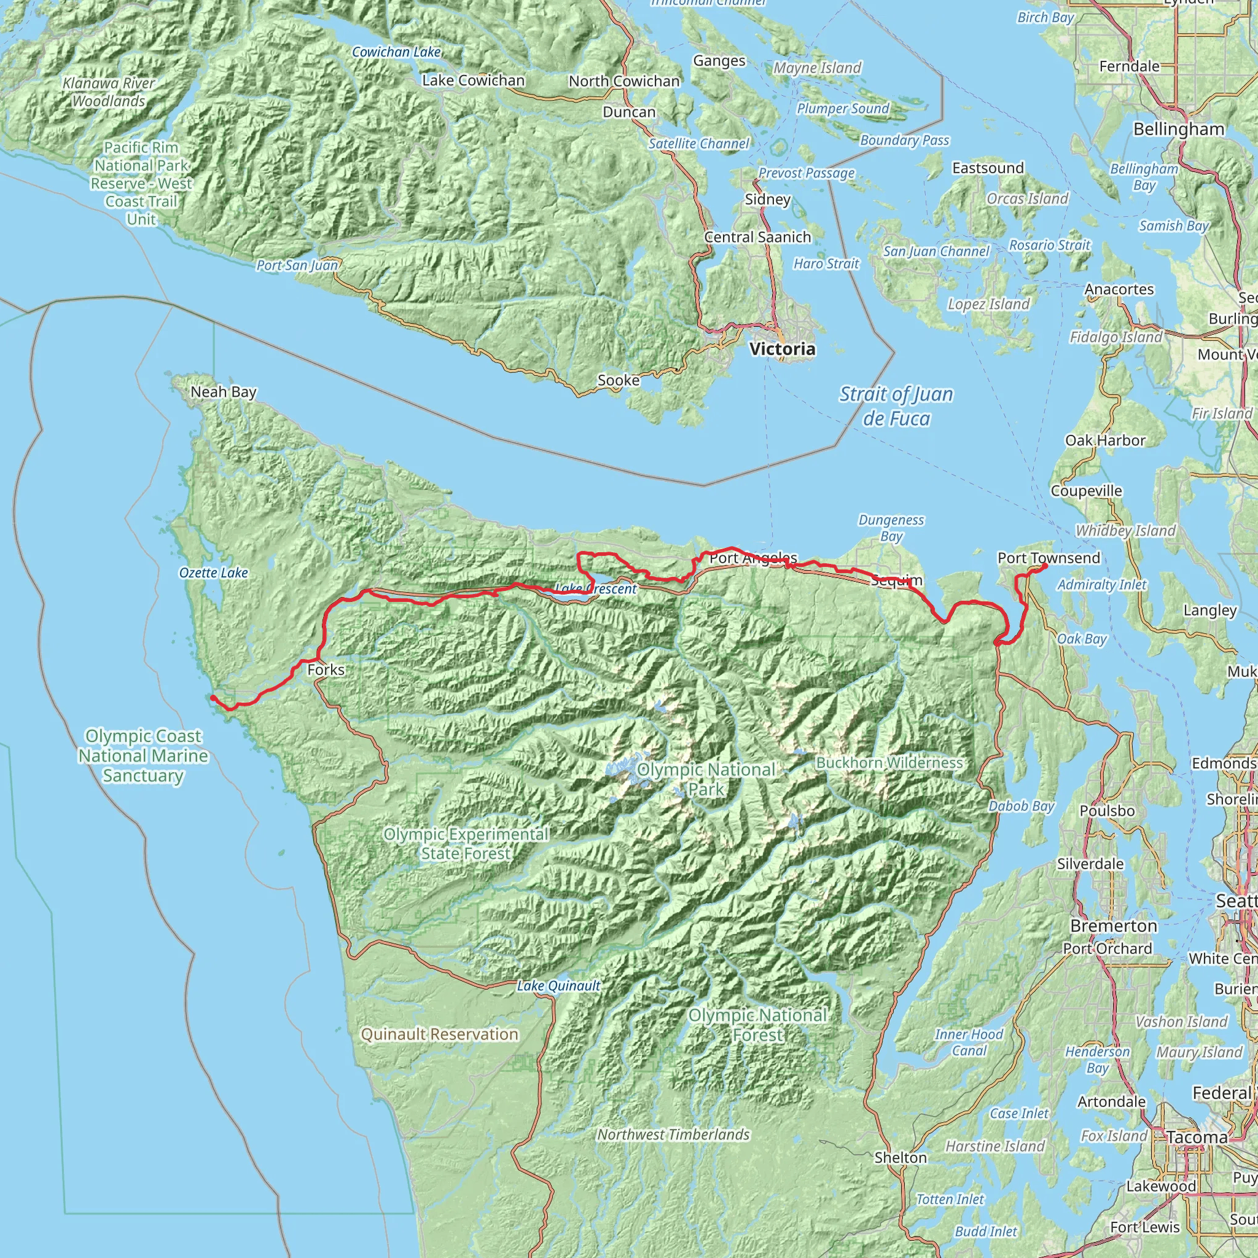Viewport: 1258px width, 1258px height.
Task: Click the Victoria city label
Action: tap(781, 349)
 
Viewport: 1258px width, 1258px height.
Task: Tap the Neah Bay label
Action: tap(224, 392)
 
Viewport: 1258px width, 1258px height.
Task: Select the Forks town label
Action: tap(326, 670)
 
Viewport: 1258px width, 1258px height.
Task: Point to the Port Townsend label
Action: tap(1049, 558)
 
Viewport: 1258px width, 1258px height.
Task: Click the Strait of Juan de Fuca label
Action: tap(896, 406)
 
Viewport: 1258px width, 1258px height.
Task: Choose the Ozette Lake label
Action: tap(214, 573)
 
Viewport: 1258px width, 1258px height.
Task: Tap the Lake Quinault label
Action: tap(558, 986)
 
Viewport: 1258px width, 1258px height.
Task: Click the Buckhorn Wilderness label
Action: tap(889, 762)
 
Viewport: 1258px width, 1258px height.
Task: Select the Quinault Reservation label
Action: tap(440, 1034)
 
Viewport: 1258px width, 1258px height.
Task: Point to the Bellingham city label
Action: tap(1179, 129)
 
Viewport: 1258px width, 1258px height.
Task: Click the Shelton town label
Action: tap(901, 1157)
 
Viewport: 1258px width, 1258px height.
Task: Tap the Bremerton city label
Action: tap(1114, 926)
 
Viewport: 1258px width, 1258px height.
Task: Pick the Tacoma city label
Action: tap(1197, 1137)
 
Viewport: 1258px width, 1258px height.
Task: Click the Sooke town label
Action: tap(618, 380)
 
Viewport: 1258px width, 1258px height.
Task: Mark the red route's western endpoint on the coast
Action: tap(213, 697)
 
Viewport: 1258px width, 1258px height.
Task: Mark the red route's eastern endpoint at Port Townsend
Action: tap(1044, 566)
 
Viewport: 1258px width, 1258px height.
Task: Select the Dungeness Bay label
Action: tap(891, 528)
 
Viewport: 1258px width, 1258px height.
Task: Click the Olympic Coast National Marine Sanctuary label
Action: tap(143, 756)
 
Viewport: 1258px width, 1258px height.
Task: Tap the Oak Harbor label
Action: tap(1105, 440)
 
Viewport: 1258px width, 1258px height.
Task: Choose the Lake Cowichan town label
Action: tap(473, 80)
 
